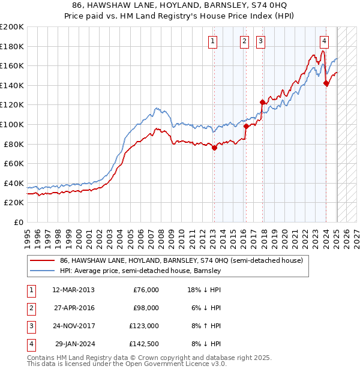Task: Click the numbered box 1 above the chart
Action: point(214,41)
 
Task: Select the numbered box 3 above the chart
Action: point(261,41)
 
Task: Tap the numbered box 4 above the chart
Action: point(324,41)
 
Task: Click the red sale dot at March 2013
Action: point(214,148)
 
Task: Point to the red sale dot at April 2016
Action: point(246,127)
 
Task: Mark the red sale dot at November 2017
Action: point(262,102)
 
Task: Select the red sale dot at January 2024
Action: point(326,83)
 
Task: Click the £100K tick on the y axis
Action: point(12,124)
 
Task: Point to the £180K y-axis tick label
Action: point(12,46)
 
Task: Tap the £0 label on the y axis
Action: point(18,222)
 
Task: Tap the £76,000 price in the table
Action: point(146,290)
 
